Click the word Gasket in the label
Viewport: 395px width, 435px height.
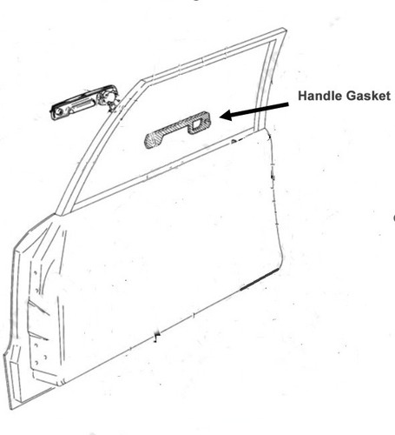coord(366,96)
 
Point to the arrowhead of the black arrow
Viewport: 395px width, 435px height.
coord(227,115)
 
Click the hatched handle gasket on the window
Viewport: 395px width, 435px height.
coord(177,130)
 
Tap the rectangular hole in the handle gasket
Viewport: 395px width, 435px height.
coord(197,124)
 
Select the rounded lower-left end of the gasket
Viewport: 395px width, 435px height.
coord(150,142)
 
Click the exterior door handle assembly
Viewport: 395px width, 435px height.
coord(84,102)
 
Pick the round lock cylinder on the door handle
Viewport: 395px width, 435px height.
coord(107,96)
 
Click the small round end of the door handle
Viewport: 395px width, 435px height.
coord(60,111)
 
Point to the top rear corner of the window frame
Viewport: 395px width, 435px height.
coord(284,30)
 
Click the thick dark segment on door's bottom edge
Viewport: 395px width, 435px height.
coord(260,279)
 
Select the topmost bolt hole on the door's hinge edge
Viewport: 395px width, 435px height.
coord(35,273)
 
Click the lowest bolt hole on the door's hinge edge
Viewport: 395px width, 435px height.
coord(36,363)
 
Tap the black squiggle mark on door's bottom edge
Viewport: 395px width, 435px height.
coord(157,336)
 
